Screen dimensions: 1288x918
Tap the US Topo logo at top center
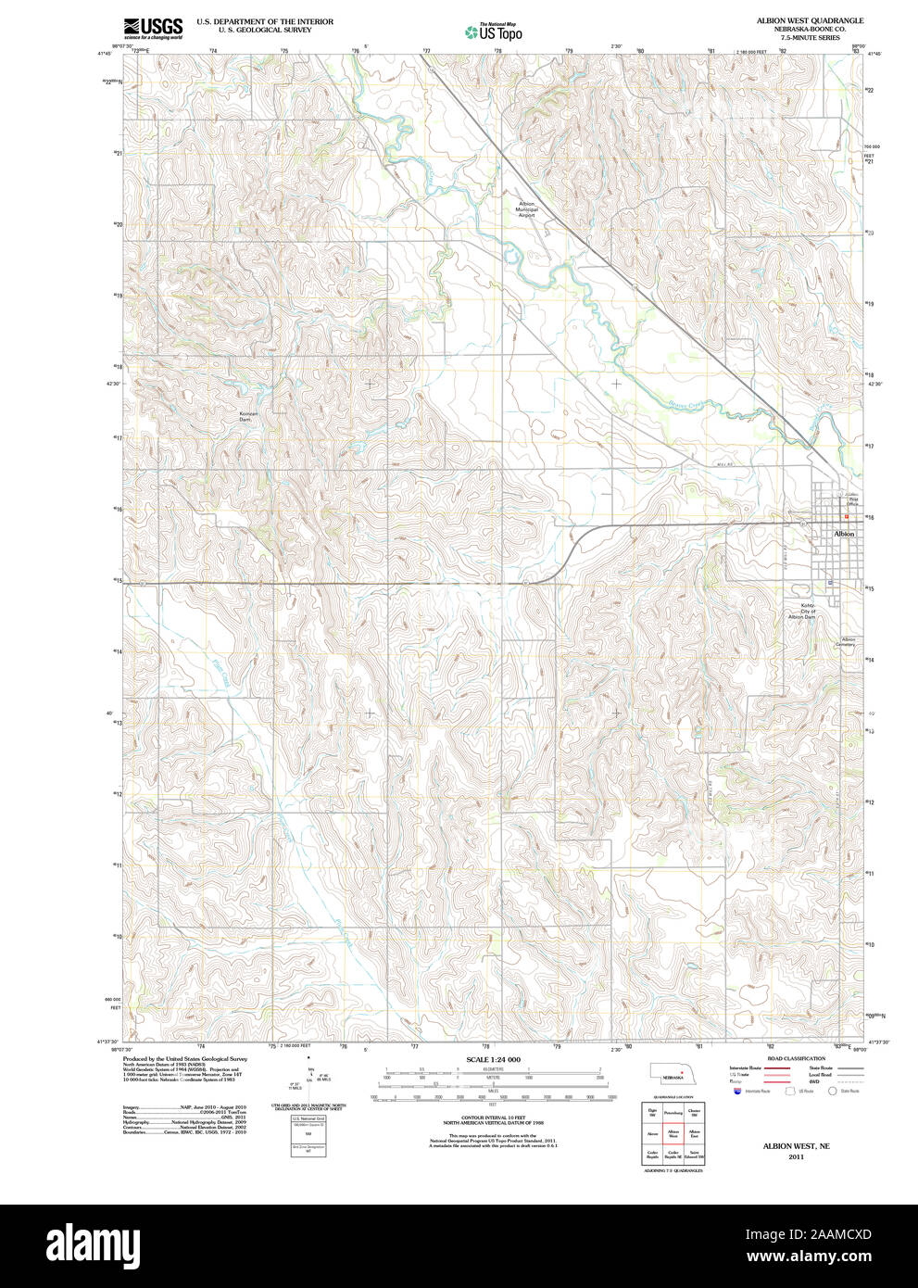pyautogui.click(x=494, y=32)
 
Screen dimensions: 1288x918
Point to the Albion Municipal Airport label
pyautogui.click(x=526, y=208)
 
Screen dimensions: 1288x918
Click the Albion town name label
pyautogui.click(x=844, y=534)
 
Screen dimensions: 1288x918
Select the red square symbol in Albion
pyautogui.click(x=846, y=517)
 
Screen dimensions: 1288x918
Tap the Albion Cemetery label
pyautogui.click(x=848, y=641)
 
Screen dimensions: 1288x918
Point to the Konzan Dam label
pyautogui.click(x=245, y=416)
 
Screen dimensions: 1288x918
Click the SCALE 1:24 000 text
pyautogui.click(x=493, y=1059)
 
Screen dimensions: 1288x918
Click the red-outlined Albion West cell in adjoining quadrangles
pyautogui.click(x=673, y=1133)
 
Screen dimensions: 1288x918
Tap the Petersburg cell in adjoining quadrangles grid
pyautogui.click(x=673, y=1112)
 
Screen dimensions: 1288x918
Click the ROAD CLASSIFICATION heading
pyautogui.click(x=796, y=1058)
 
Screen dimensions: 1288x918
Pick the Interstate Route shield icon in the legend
pyautogui.click(x=736, y=1092)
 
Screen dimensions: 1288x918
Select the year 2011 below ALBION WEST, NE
pyautogui.click(x=796, y=1156)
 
